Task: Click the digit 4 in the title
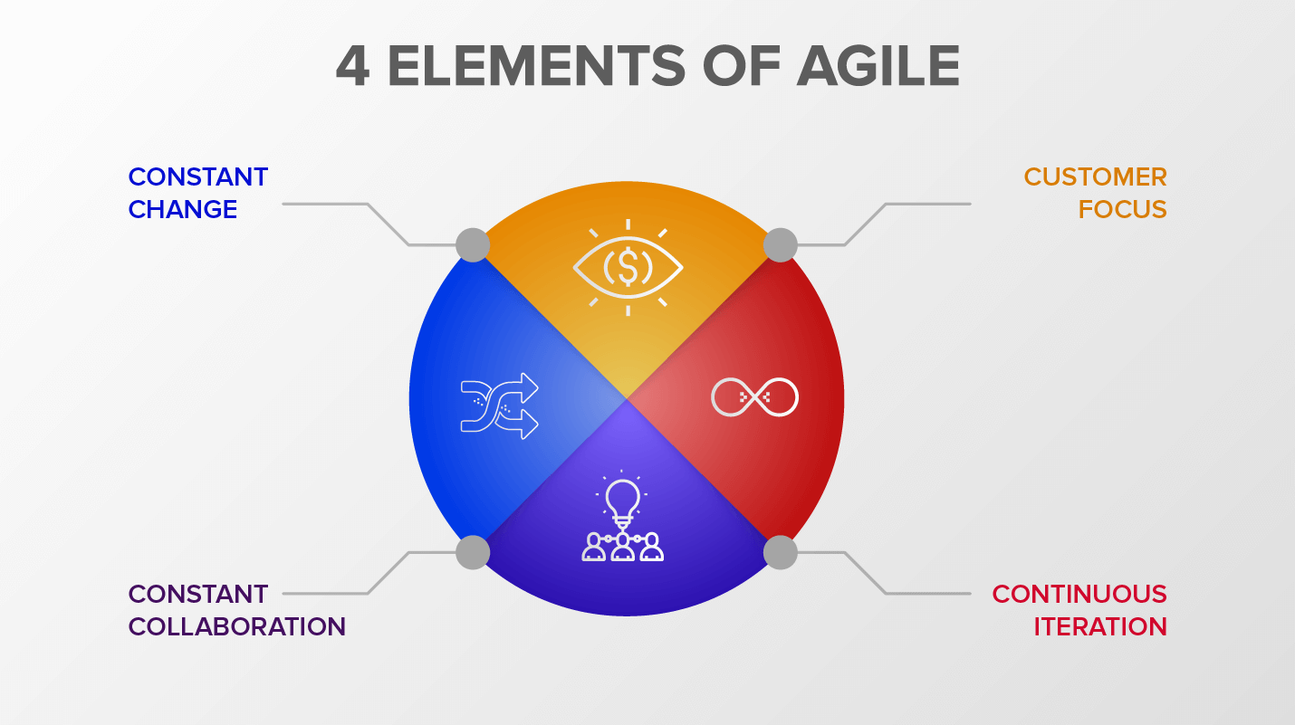(x=352, y=66)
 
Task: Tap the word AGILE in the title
(x=878, y=66)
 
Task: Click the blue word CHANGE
(x=183, y=209)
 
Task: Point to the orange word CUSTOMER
(x=1095, y=176)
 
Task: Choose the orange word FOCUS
(x=1122, y=209)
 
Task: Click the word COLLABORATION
(x=237, y=626)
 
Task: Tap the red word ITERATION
(x=1100, y=626)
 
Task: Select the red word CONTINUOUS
(x=1079, y=594)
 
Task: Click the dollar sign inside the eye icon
(x=628, y=268)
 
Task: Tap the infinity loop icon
(x=754, y=396)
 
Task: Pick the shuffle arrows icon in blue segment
(x=500, y=405)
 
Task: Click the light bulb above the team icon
(x=623, y=501)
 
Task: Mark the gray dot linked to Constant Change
(x=473, y=245)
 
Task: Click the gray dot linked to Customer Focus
(x=781, y=245)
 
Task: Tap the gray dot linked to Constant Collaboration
(x=473, y=552)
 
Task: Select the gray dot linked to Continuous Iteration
(x=781, y=552)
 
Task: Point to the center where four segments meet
(x=627, y=398)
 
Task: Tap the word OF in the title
(x=742, y=66)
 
